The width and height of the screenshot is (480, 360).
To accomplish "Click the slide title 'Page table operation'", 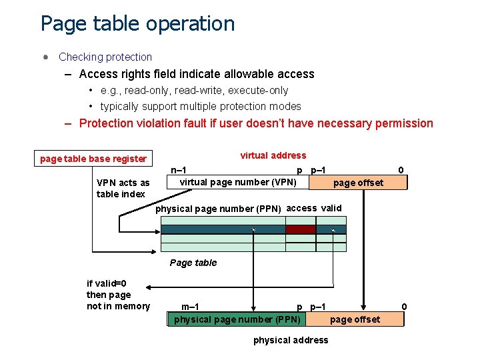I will click(x=137, y=23).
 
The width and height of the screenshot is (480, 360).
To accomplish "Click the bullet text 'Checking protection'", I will click(x=105, y=57).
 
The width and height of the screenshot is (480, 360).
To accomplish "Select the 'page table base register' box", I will click(x=93, y=159).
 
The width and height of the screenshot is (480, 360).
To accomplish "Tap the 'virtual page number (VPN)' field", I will click(x=238, y=182).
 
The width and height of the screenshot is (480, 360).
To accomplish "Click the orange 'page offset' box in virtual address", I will click(x=358, y=183).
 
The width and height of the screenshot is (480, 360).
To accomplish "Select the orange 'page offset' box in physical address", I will click(x=355, y=319).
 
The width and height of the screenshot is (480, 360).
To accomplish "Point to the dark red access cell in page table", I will click(x=300, y=229).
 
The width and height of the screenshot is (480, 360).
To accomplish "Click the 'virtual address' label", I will click(x=273, y=155).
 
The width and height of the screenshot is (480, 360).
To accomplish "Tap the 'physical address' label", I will click(x=291, y=340).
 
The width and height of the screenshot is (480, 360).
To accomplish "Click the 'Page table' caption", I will click(x=193, y=263).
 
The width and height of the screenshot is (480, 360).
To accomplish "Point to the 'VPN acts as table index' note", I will click(x=123, y=188).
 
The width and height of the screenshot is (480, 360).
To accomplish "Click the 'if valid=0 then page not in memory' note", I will click(x=118, y=295).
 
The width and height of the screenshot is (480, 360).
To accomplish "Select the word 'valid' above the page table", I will click(x=331, y=208).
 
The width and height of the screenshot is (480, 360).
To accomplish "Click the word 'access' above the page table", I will click(x=301, y=208).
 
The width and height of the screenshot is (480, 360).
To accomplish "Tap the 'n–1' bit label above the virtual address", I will click(x=179, y=170).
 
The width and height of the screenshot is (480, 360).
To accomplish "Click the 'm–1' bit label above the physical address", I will click(x=190, y=307).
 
